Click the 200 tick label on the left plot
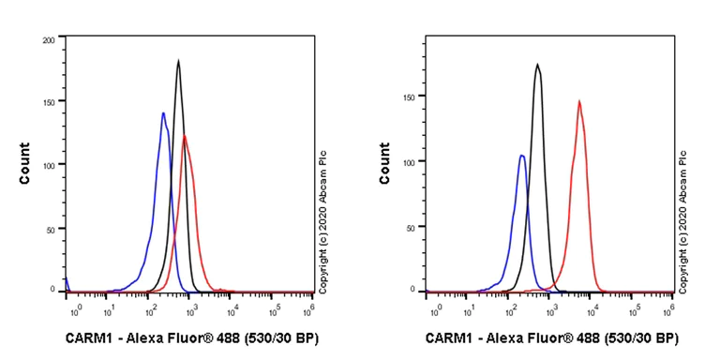(48, 40)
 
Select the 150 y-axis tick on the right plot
(410, 96)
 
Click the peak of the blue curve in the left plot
(163, 113)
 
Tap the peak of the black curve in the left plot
(178, 61)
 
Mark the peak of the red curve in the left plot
(185, 136)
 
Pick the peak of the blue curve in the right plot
(521, 156)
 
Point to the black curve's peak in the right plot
(537, 65)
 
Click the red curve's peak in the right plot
(579, 101)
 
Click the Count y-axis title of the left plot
(25, 163)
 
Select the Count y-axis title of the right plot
(384, 163)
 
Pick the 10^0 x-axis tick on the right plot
(435, 307)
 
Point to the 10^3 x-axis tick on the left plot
(191, 307)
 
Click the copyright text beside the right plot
(682, 220)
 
